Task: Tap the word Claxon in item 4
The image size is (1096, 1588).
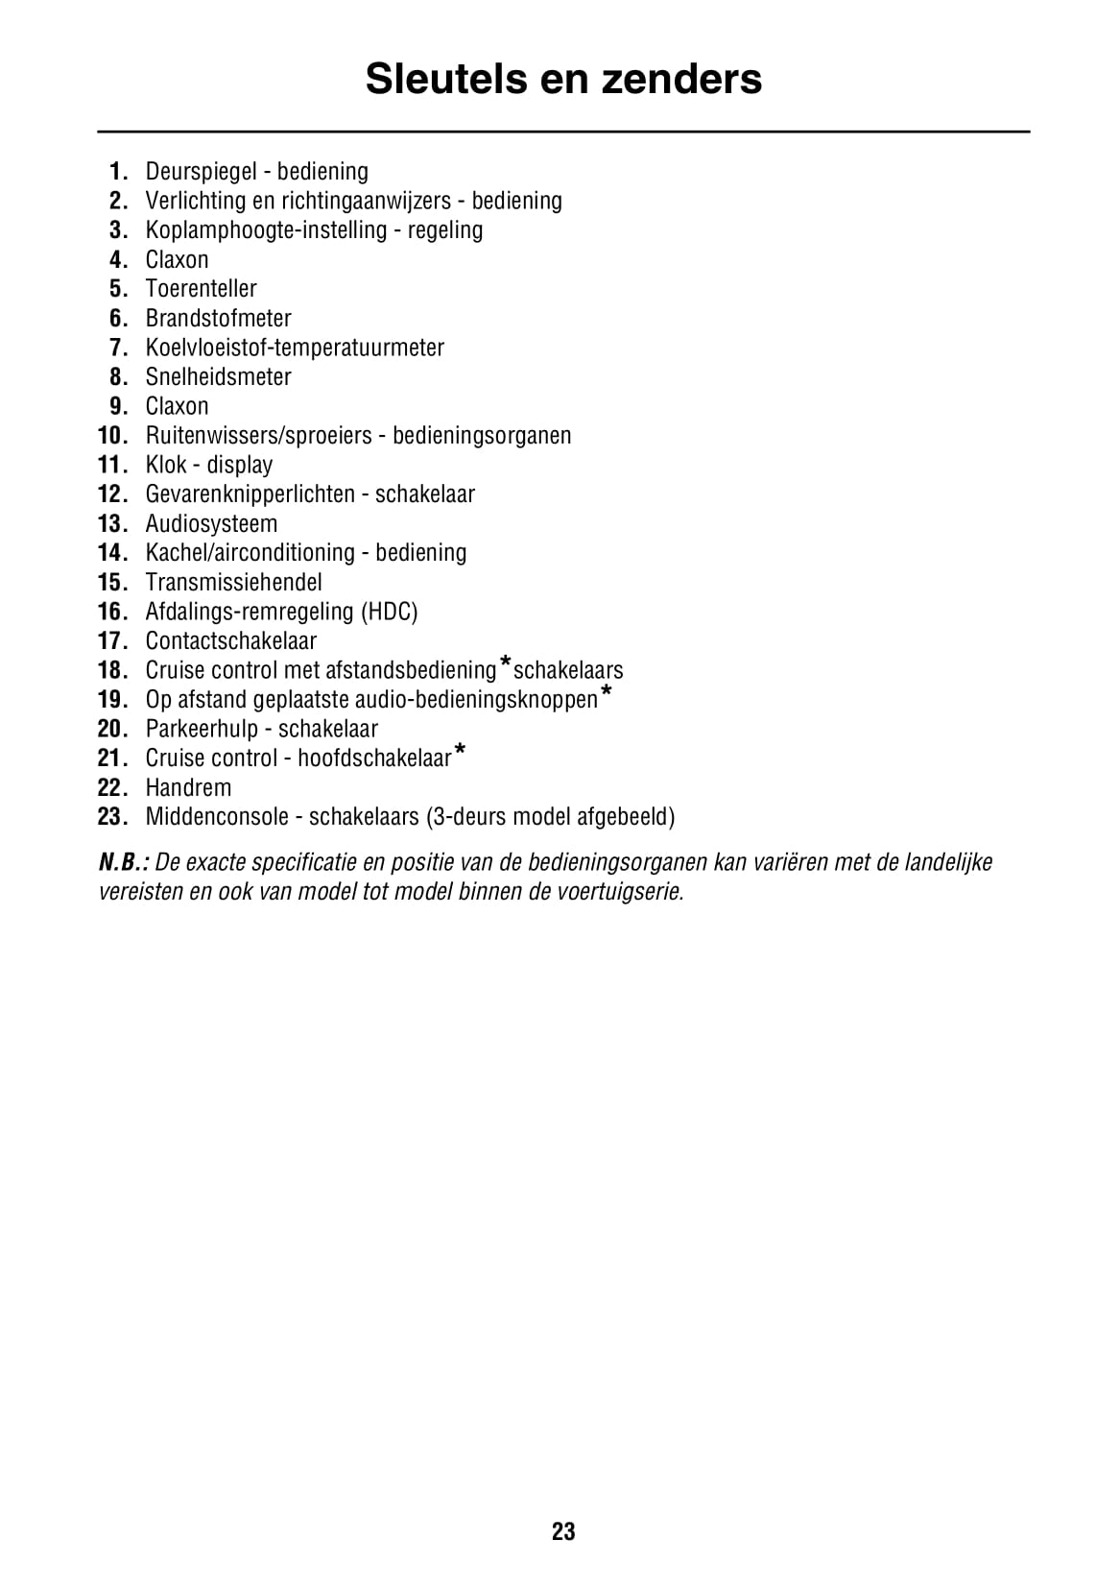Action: coord(177,260)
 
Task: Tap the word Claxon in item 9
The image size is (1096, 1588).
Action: coord(177,406)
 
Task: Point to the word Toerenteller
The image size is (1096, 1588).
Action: coord(201,289)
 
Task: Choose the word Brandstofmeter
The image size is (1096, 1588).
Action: coord(218,319)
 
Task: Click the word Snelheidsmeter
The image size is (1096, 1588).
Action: coord(218,377)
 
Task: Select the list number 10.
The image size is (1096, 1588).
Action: coord(111,436)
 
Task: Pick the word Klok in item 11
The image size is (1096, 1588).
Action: coord(166,465)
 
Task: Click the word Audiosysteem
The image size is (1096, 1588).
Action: coord(211,524)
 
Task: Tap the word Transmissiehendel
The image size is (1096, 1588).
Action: coord(233,583)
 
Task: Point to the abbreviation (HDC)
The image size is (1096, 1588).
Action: coord(389,612)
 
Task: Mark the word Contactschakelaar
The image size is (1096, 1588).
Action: coord(230,641)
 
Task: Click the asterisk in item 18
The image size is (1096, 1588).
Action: coord(505,663)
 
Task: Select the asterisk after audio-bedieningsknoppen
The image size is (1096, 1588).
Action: coord(606,692)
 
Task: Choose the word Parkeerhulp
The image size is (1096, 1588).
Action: coord(202,730)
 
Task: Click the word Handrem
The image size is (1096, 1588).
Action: coord(188,788)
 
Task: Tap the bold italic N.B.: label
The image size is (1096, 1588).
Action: coord(123,862)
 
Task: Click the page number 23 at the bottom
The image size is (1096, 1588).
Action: coord(563,1531)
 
